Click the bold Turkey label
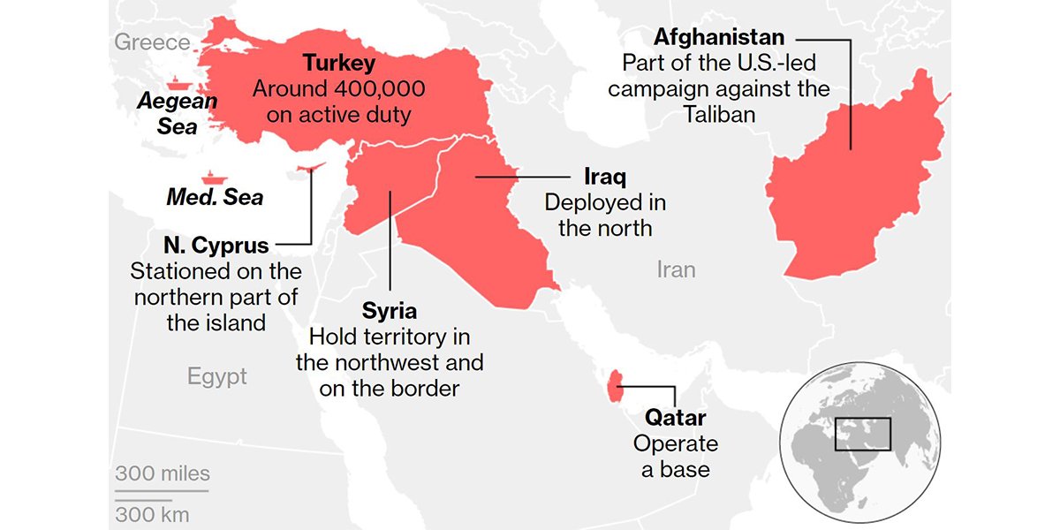pyautogui.click(x=339, y=64)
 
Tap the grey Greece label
pyautogui.click(x=152, y=42)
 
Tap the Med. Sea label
pyautogui.click(x=215, y=197)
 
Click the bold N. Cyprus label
pyautogui.click(x=216, y=245)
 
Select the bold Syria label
pyautogui.click(x=390, y=311)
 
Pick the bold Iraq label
pyautogui.click(x=605, y=176)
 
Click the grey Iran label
pyautogui.click(x=676, y=269)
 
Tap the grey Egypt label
pyautogui.click(x=216, y=377)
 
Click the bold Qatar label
pyautogui.click(x=675, y=417)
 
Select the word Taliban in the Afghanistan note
pyautogui.click(x=719, y=115)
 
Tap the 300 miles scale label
pyautogui.click(x=163, y=474)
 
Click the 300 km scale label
pyautogui.click(x=152, y=513)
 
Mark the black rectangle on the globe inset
pyautogui.click(x=863, y=434)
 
